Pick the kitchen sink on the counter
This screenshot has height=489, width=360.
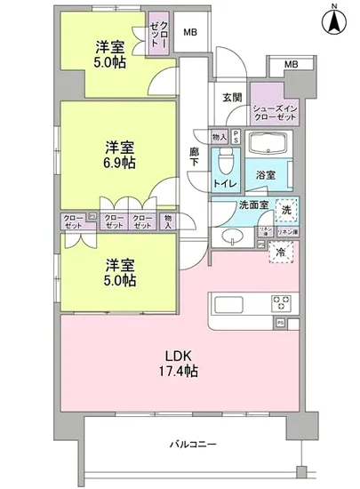(228, 303)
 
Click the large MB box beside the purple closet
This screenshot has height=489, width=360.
(188, 34)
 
